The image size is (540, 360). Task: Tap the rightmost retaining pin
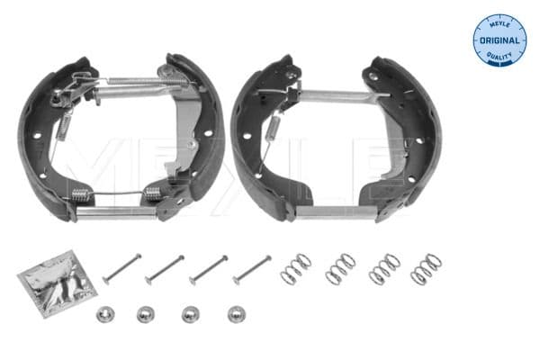[252, 267]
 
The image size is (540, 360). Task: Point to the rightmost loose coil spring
[426, 268]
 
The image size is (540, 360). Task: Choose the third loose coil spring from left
[384, 268]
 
